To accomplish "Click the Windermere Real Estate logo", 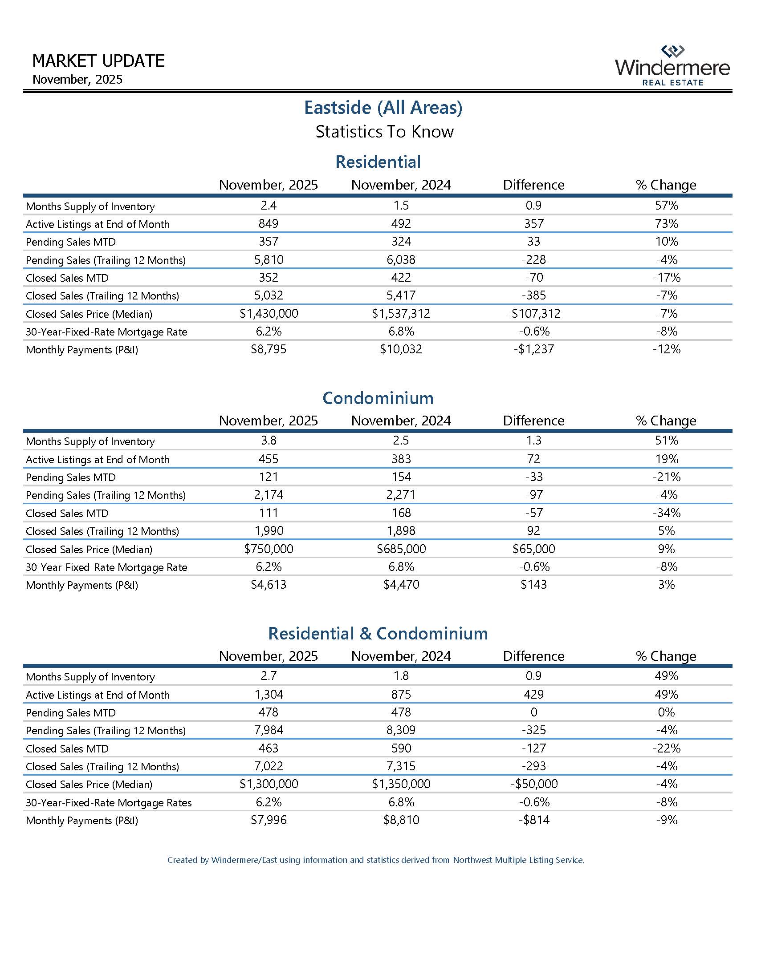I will [x=672, y=66].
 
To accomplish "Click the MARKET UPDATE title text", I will [x=99, y=61].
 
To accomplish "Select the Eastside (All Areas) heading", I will [x=383, y=108].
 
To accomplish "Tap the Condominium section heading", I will [x=378, y=398].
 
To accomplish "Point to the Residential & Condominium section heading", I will [x=378, y=633].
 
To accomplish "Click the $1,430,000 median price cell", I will [x=269, y=314].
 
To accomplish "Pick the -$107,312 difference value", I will [x=533, y=314].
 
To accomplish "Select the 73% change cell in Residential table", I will [x=667, y=224].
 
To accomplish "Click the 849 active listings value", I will [x=269, y=224].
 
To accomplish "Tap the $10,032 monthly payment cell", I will [x=401, y=349].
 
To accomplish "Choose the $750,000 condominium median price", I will [x=269, y=549].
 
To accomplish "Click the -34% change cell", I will [x=667, y=513].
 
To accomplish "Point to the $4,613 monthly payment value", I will [x=269, y=585].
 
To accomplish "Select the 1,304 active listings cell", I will [x=269, y=694].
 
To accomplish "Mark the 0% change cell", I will [x=667, y=712].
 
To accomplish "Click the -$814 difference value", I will [x=533, y=820].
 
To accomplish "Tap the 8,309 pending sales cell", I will [x=401, y=730].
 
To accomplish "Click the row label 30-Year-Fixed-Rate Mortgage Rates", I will [x=109, y=802].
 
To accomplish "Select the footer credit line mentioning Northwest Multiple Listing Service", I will [x=376, y=860].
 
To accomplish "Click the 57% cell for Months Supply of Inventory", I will [x=667, y=206].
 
